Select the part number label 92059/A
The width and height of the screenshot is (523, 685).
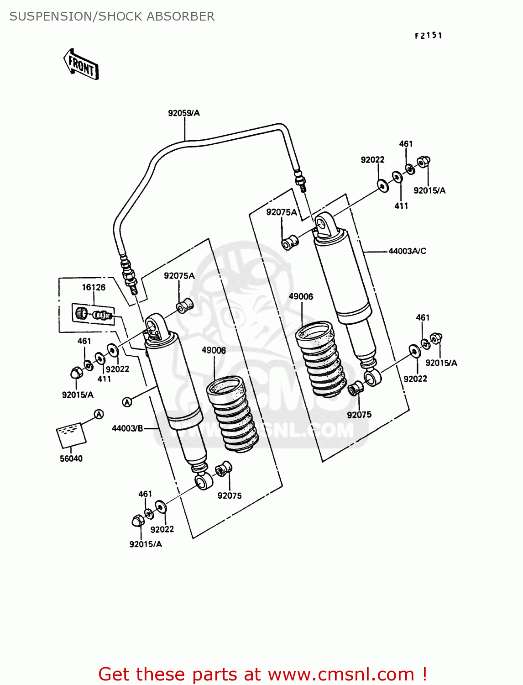tap(183, 113)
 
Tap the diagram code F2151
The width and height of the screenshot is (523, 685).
tap(428, 36)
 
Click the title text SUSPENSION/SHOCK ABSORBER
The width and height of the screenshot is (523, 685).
tap(112, 16)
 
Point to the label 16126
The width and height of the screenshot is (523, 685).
tap(94, 287)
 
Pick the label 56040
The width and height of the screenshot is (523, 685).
tap(71, 458)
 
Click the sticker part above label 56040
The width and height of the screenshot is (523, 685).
tap(71, 434)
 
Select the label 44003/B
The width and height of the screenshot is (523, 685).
tap(127, 428)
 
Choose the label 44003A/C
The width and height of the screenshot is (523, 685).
tap(407, 251)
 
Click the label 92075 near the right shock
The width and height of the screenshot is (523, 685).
tap(359, 415)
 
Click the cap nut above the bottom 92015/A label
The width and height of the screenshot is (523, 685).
tap(137, 521)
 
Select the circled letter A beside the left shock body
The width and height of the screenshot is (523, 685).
tap(127, 402)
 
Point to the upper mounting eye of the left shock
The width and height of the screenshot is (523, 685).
tap(152, 325)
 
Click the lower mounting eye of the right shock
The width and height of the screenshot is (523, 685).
tap(372, 378)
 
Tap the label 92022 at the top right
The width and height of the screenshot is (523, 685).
tap(372, 160)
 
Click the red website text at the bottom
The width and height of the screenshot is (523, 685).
tap(262, 674)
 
